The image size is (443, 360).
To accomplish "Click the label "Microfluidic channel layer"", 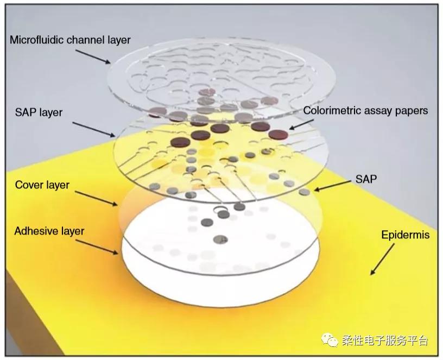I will pos(70,40).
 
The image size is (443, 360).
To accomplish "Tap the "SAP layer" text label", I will pos(39,113).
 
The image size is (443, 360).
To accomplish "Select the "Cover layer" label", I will pos(42,185).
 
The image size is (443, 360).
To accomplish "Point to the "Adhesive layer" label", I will pos(49,231).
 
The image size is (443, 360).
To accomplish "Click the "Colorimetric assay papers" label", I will pos(365,111).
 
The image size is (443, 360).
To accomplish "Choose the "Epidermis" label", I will pos(405,235).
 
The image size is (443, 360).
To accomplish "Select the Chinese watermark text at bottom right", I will pos(385,341).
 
